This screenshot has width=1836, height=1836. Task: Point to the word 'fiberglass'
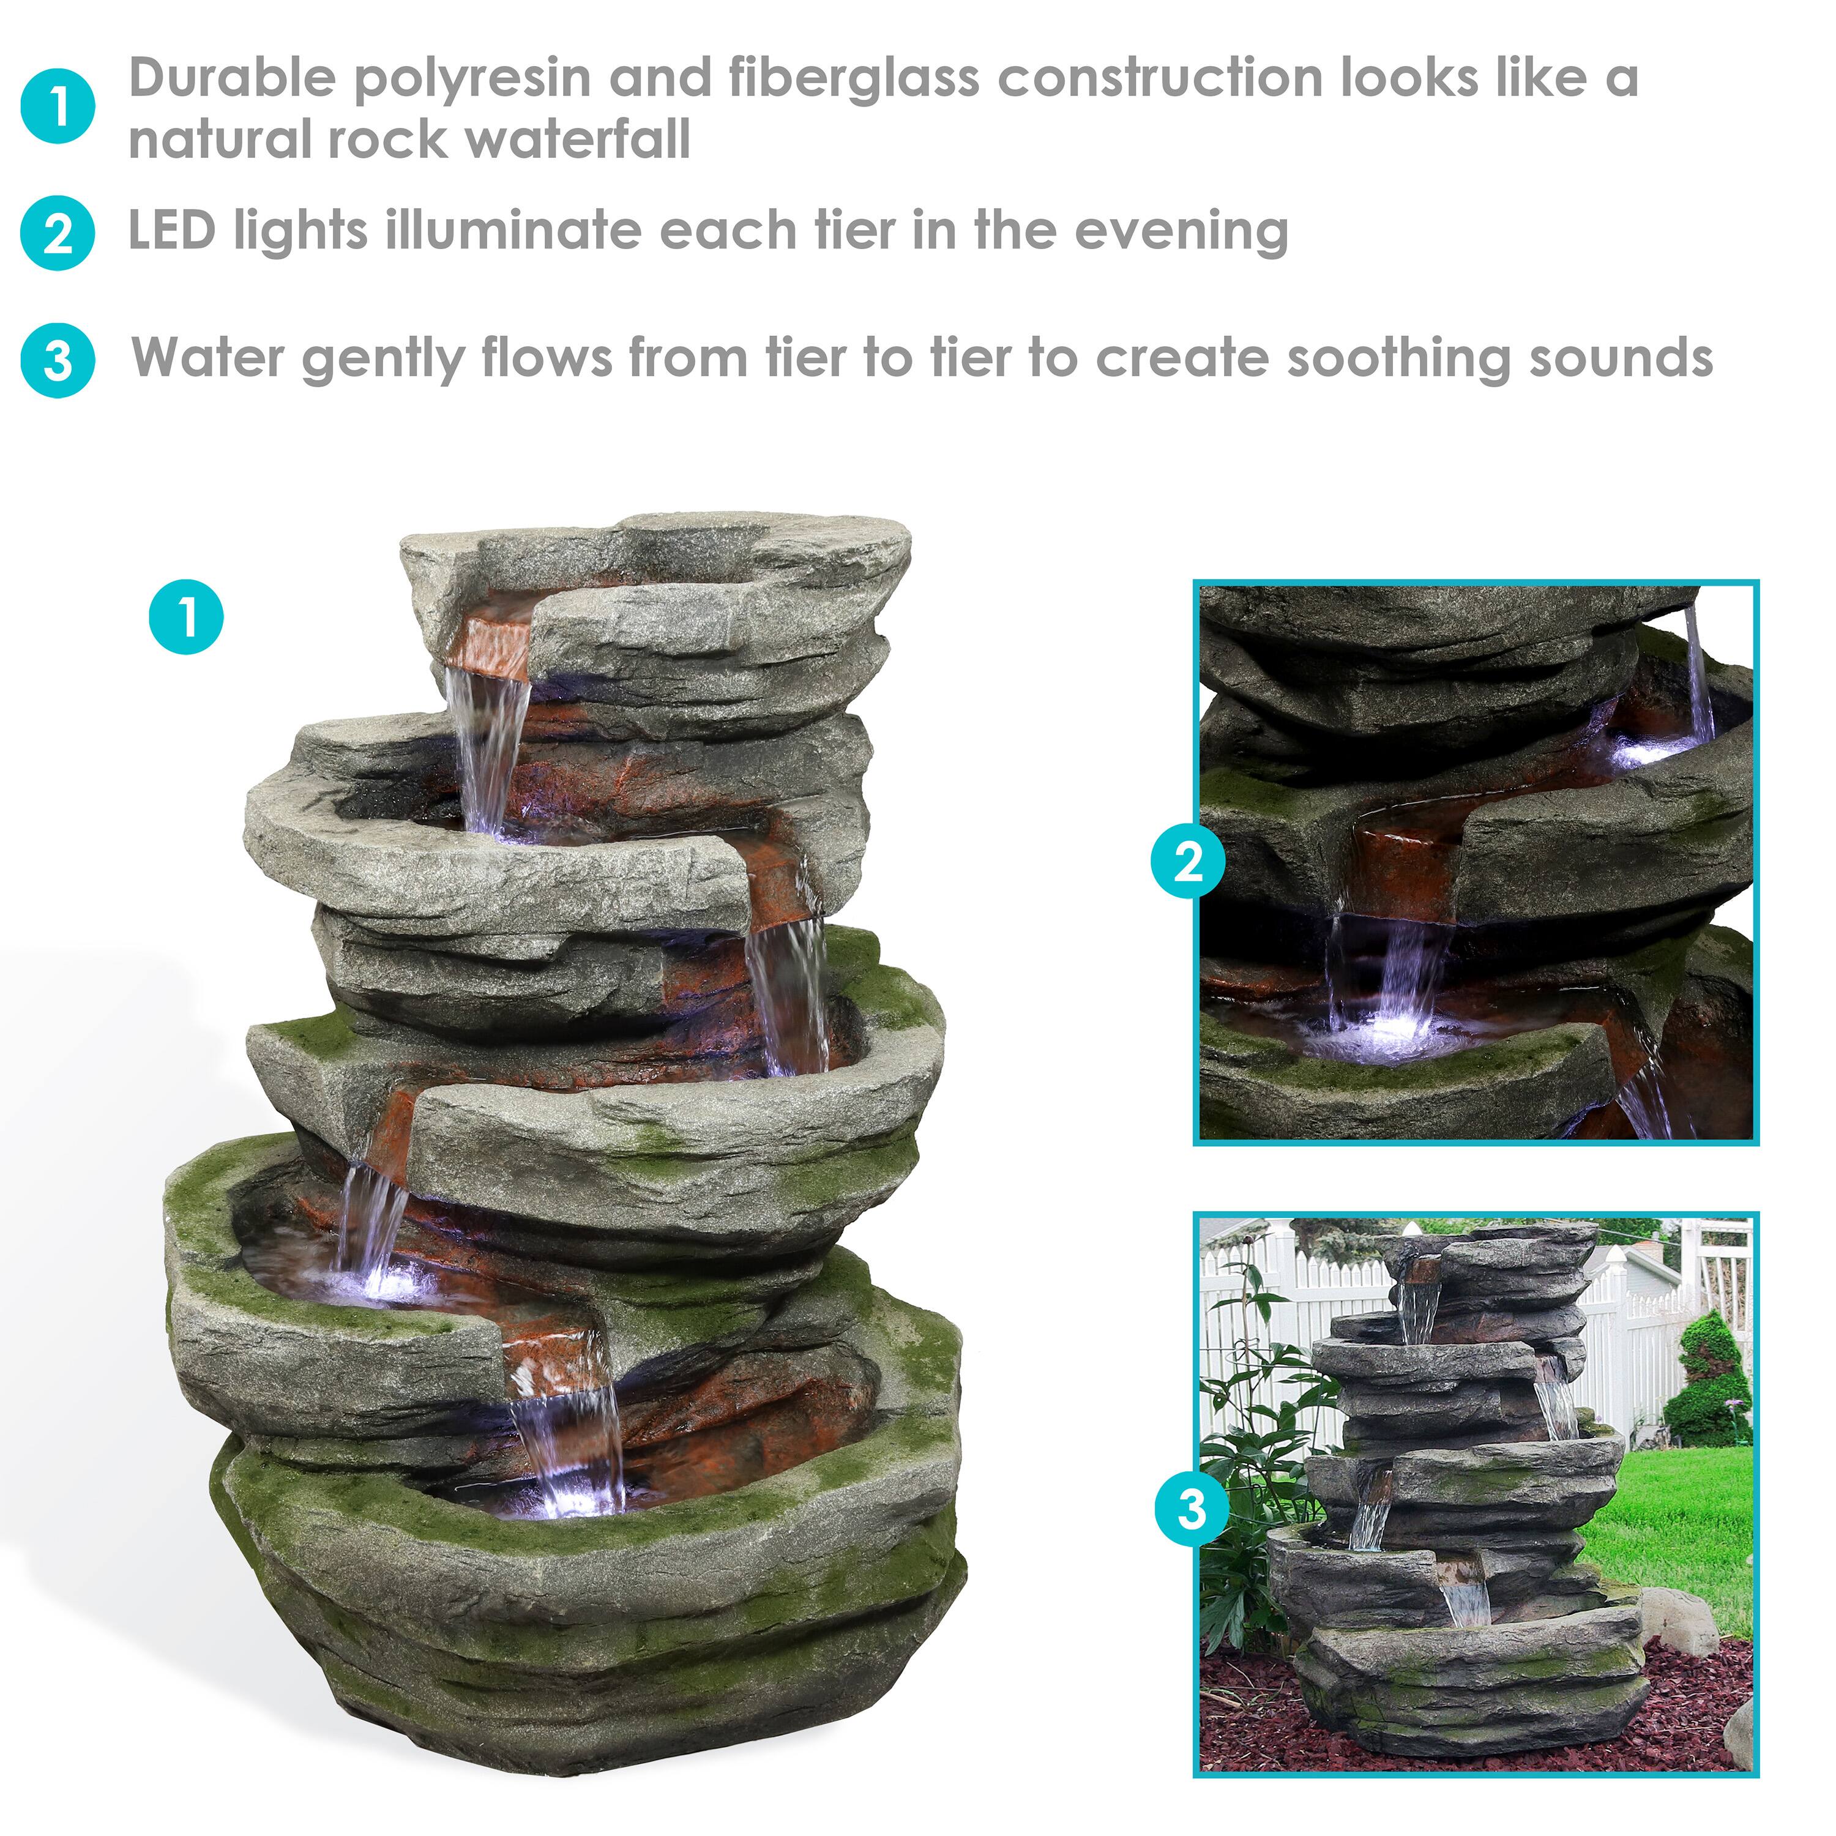point(853,78)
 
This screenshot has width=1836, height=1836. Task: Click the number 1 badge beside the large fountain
point(186,618)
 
